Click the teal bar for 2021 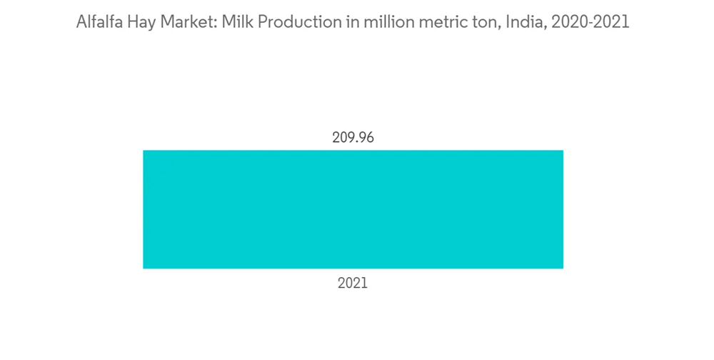pyautogui.click(x=353, y=209)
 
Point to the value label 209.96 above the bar pyautogui.click(x=353, y=137)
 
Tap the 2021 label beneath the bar pyautogui.click(x=353, y=284)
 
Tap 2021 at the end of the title pyautogui.click(x=610, y=22)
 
